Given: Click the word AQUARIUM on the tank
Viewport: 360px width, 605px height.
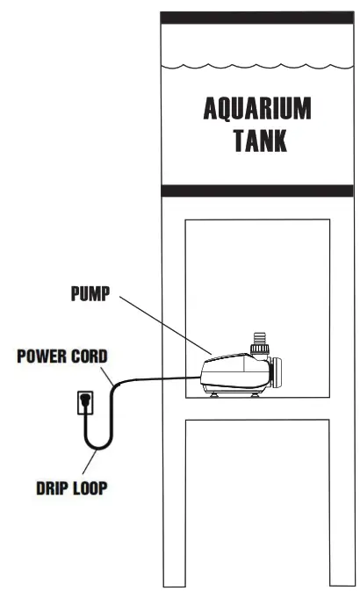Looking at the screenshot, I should tap(257, 110).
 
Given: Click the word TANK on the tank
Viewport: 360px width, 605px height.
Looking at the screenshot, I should tap(257, 140).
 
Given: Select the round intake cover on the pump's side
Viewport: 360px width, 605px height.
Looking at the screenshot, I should tap(275, 373).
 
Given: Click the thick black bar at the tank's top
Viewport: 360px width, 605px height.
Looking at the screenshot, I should tap(257, 18).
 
